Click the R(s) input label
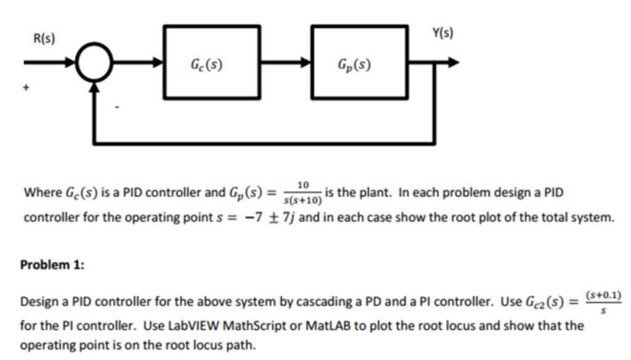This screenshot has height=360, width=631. (x=43, y=39)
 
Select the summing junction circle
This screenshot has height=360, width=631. (x=94, y=63)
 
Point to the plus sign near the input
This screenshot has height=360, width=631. (x=26, y=89)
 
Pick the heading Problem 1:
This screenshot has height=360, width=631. (x=52, y=264)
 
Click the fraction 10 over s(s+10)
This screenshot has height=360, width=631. (x=301, y=193)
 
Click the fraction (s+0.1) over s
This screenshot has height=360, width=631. (x=603, y=302)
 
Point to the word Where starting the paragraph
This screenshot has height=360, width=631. (x=40, y=193)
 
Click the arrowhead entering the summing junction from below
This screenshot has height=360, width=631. (x=94, y=89)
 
